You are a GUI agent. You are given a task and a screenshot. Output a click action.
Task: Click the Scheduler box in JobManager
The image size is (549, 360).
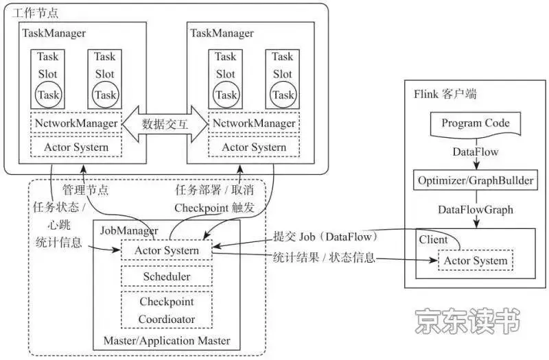click(x=167, y=276)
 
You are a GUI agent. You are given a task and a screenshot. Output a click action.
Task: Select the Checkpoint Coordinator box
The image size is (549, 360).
click(x=167, y=310)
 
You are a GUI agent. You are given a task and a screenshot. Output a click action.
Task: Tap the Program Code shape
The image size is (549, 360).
click(x=476, y=123)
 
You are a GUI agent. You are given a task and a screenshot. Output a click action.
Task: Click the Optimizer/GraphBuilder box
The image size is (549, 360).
click(x=476, y=181)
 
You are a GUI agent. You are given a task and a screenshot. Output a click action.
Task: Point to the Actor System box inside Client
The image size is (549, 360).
click(x=476, y=261)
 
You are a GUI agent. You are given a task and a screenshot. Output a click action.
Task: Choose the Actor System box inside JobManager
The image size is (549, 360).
click(x=167, y=250)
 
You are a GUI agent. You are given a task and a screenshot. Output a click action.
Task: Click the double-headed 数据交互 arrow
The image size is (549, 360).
click(x=165, y=124)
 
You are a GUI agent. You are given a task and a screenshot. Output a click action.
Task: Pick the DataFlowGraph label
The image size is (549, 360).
click(x=476, y=209)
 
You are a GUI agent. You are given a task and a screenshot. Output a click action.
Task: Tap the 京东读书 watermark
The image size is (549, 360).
click(x=467, y=321)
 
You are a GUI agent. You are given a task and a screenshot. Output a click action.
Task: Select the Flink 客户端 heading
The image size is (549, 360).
click(x=445, y=94)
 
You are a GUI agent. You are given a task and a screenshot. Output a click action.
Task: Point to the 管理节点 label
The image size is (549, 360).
click(x=85, y=189)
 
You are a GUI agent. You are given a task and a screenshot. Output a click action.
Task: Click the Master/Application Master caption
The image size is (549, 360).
click(x=167, y=340)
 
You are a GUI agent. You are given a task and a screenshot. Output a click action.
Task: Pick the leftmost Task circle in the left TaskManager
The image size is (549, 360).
click(x=48, y=95)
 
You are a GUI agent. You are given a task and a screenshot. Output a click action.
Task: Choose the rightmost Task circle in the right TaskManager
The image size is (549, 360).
click(x=283, y=95)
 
